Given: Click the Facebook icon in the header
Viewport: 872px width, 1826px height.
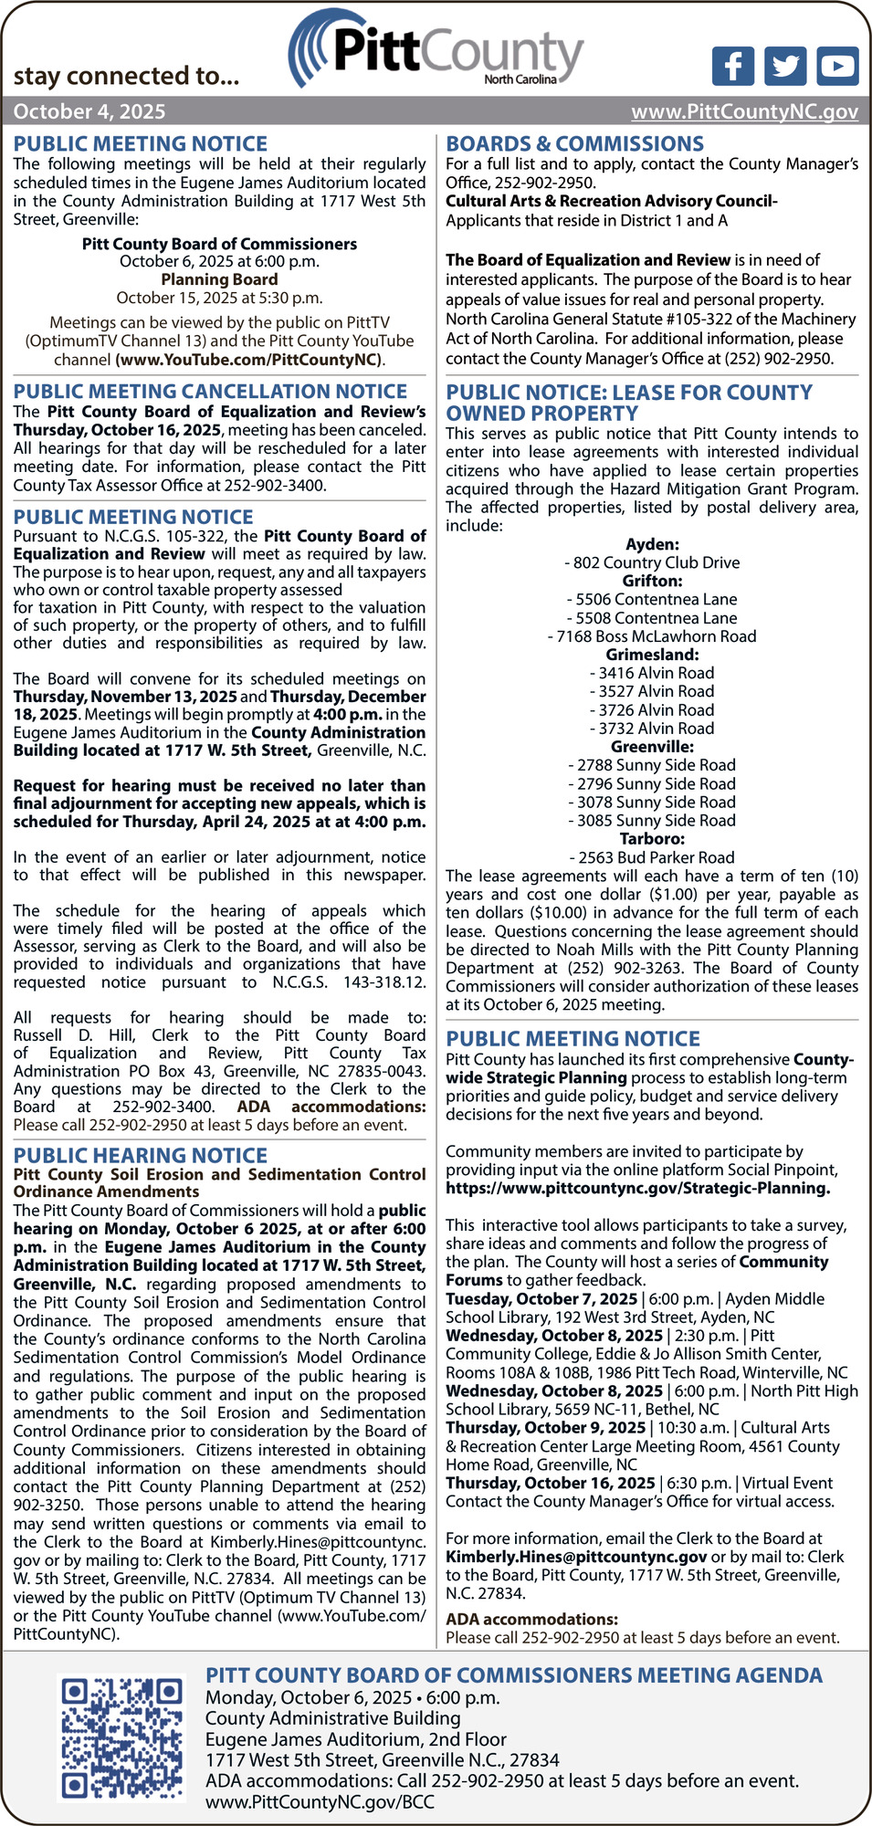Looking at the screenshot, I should (x=732, y=66).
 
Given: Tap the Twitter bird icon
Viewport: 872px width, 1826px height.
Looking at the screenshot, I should (x=785, y=66).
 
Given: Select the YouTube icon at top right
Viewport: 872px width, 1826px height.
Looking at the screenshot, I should (x=837, y=66).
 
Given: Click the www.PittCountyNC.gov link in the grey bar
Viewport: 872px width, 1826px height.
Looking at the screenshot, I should (x=744, y=111).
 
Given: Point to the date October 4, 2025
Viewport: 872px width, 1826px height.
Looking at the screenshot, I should (x=89, y=111).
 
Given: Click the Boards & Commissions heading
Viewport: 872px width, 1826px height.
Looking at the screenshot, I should (x=574, y=143).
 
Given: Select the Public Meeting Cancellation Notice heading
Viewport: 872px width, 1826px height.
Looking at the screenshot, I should (x=210, y=391).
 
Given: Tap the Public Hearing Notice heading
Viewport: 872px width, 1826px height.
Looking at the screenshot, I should (x=140, y=1155).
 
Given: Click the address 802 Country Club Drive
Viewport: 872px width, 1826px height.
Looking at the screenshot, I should (x=652, y=562).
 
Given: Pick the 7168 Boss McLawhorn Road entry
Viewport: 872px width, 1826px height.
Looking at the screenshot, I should (x=652, y=636).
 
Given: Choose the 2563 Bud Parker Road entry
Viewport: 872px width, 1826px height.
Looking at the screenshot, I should (x=652, y=857).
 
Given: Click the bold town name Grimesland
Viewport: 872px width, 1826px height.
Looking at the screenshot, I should (x=652, y=655).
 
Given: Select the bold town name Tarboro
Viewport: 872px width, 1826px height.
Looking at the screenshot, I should (x=652, y=839).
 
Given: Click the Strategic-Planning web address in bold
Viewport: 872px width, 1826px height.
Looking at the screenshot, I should (x=637, y=1188).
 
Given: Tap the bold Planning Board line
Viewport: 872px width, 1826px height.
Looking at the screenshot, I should (x=219, y=279).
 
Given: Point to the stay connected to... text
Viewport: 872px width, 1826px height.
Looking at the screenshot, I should (x=126, y=76).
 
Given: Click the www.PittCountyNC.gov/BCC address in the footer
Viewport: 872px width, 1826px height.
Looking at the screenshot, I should (x=320, y=1801).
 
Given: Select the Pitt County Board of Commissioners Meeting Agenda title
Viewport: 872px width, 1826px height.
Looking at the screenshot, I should (x=513, y=1675).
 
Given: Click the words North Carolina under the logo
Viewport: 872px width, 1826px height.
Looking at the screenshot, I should (x=520, y=79).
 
